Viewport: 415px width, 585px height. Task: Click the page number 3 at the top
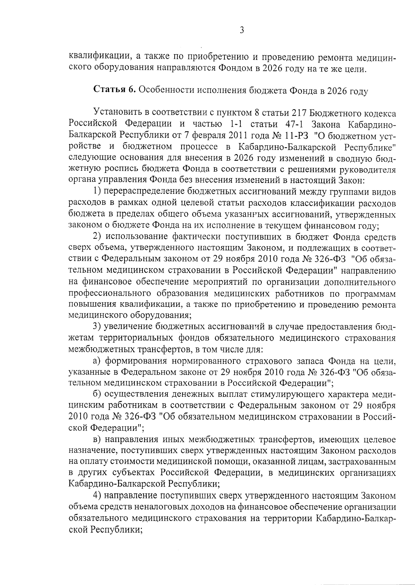242,30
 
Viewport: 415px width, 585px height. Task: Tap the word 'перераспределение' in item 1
144,192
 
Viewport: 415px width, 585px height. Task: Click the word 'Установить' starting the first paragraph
116,113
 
